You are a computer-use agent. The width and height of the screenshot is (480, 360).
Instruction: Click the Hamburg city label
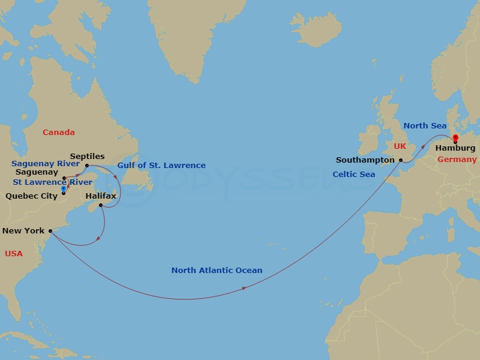point(455,148)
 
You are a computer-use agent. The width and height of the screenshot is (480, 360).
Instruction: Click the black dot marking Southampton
point(401,161)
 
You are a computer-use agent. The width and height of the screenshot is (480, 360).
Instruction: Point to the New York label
point(23,230)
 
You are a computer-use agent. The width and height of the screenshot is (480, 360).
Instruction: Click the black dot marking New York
point(50,230)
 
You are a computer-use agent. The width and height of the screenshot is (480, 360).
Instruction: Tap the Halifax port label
point(101,196)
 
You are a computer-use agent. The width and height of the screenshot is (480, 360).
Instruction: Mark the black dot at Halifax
point(101,206)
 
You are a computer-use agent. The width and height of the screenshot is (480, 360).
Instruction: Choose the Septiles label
point(87,156)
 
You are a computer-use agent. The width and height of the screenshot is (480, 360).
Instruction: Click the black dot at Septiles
point(87,166)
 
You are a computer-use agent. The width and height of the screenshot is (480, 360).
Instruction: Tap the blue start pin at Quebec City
point(63,190)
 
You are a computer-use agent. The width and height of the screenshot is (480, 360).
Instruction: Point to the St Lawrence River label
point(53,182)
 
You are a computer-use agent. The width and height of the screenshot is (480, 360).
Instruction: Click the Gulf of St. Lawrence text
point(161,166)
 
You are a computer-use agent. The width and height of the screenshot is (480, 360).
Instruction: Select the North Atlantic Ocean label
point(217,271)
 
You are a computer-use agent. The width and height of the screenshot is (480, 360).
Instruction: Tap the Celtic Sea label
point(353,175)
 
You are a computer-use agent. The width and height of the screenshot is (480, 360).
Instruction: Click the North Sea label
point(425,126)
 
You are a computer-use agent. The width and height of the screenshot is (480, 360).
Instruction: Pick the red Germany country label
point(457,160)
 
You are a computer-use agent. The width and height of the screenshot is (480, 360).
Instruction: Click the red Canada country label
point(58,133)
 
